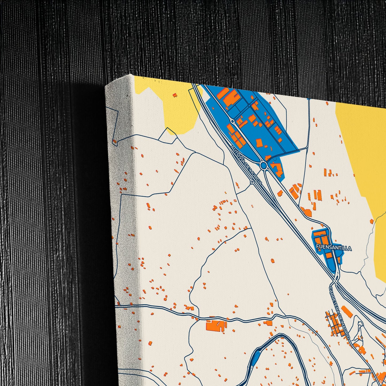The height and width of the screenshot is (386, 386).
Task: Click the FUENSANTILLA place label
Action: [334, 248]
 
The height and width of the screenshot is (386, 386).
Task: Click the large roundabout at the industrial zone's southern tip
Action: [264, 166]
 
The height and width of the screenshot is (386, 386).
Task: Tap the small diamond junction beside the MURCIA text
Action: [252, 182]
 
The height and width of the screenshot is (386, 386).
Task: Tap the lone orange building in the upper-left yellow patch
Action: [175, 95]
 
